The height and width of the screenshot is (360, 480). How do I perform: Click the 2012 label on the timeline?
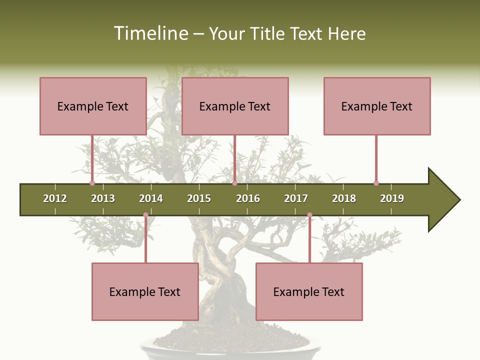[x=55, y=198]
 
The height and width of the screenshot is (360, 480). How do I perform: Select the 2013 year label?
[x=103, y=198]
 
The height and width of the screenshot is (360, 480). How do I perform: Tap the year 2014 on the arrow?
[x=151, y=198]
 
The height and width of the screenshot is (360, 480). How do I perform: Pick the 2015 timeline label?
[x=199, y=198]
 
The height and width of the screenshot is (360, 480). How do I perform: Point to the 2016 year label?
[x=248, y=198]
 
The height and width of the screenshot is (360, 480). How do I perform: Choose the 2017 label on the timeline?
[x=296, y=198]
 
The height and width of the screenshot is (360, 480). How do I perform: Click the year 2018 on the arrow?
[x=344, y=198]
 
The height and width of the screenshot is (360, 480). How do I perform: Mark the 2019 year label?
[x=392, y=198]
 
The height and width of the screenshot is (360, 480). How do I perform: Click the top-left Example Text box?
[x=93, y=106]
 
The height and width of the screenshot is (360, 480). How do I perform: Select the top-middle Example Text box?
[x=235, y=106]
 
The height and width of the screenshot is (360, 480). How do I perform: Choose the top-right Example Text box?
[x=377, y=106]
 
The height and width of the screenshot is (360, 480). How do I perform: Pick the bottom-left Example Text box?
[x=145, y=291]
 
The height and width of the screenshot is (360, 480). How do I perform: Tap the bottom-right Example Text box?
[x=309, y=291]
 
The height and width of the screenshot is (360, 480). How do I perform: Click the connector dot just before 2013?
[x=92, y=183]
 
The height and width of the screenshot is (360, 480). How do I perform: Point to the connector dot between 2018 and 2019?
[x=376, y=183]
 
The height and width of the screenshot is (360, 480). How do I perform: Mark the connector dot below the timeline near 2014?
[x=145, y=215]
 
